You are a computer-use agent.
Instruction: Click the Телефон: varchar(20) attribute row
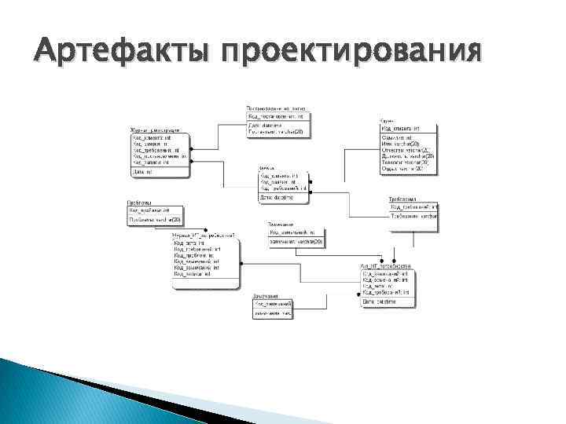click(404, 163)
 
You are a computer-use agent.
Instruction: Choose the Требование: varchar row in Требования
click(413, 214)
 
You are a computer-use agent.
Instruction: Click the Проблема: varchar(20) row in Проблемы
click(154, 219)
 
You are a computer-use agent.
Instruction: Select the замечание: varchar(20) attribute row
click(296, 242)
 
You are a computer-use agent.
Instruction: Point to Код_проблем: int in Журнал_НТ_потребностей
click(189, 255)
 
